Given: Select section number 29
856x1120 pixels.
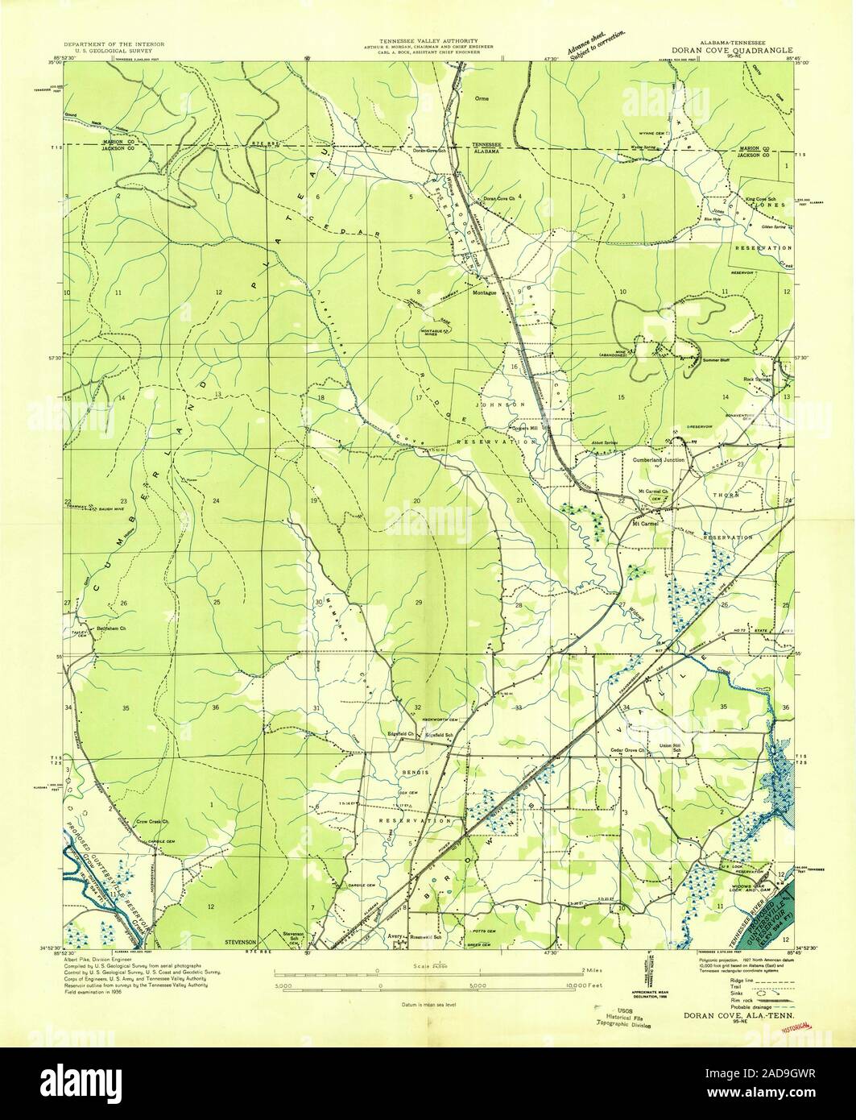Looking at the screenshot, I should (x=419, y=603).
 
